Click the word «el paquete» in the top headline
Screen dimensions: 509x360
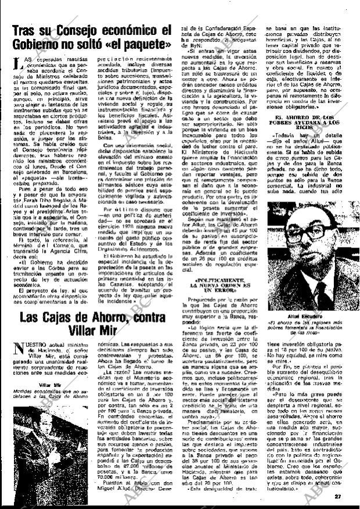135,44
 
